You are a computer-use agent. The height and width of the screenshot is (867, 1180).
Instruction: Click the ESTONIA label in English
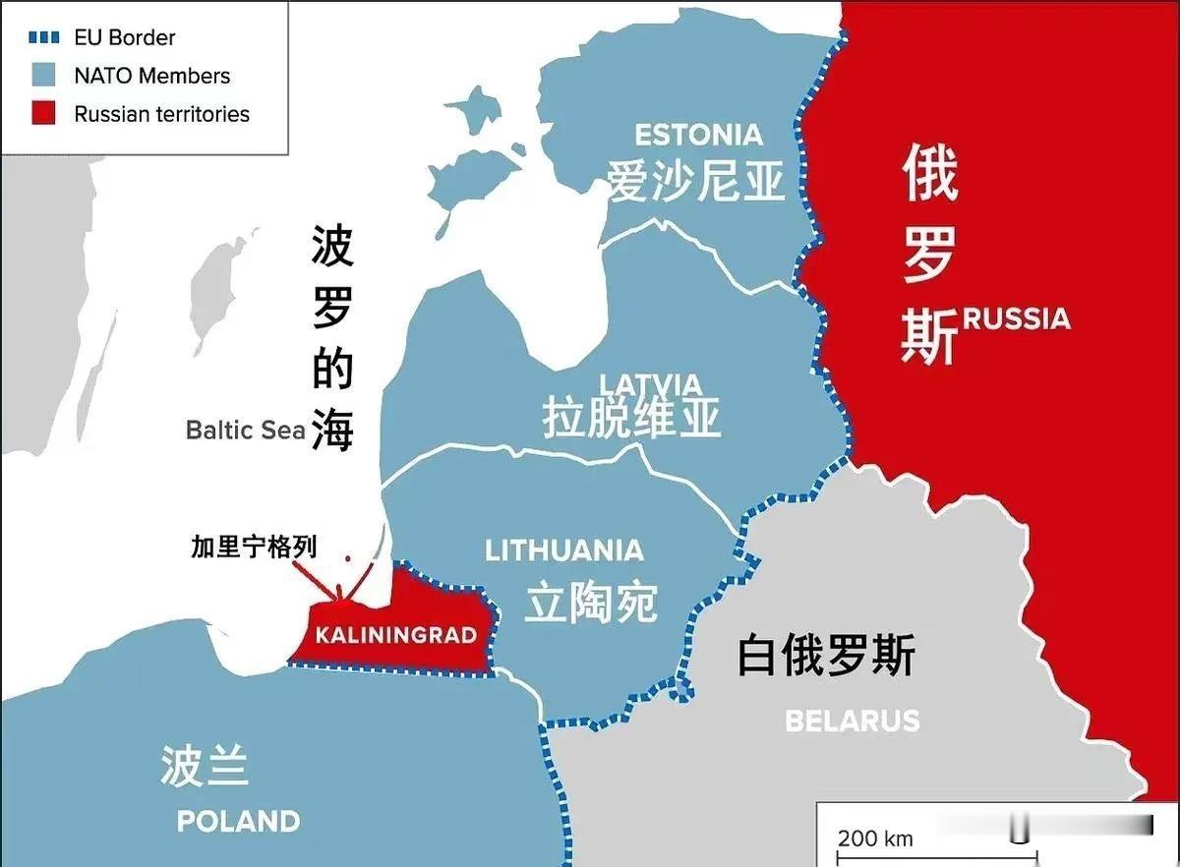(698, 135)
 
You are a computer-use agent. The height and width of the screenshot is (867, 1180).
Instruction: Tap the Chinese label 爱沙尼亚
(696, 181)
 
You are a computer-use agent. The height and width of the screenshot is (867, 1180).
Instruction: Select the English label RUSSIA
(1016, 318)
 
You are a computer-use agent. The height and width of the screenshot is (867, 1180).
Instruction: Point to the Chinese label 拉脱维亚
(631, 418)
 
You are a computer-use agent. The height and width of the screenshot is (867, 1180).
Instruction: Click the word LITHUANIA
(564, 550)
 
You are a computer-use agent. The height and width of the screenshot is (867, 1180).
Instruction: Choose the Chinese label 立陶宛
(590, 601)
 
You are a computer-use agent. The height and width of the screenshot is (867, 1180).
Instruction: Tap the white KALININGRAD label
(395, 635)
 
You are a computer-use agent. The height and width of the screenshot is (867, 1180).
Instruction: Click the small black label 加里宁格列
(255, 548)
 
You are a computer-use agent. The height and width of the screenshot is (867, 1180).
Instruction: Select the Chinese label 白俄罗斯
(826, 655)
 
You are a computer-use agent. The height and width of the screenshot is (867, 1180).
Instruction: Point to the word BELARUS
(852, 721)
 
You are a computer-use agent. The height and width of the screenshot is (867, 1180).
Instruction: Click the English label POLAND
(238, 821)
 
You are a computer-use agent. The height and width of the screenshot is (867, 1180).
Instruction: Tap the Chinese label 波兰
(204, 766)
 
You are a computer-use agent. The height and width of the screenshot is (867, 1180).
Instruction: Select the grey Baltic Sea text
(246, 431)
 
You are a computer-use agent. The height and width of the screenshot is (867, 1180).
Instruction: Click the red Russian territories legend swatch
(42, 114)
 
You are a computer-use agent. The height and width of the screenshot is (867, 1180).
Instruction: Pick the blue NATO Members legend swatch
(42, 76)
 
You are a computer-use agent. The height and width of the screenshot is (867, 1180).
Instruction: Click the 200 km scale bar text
(875, 838)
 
